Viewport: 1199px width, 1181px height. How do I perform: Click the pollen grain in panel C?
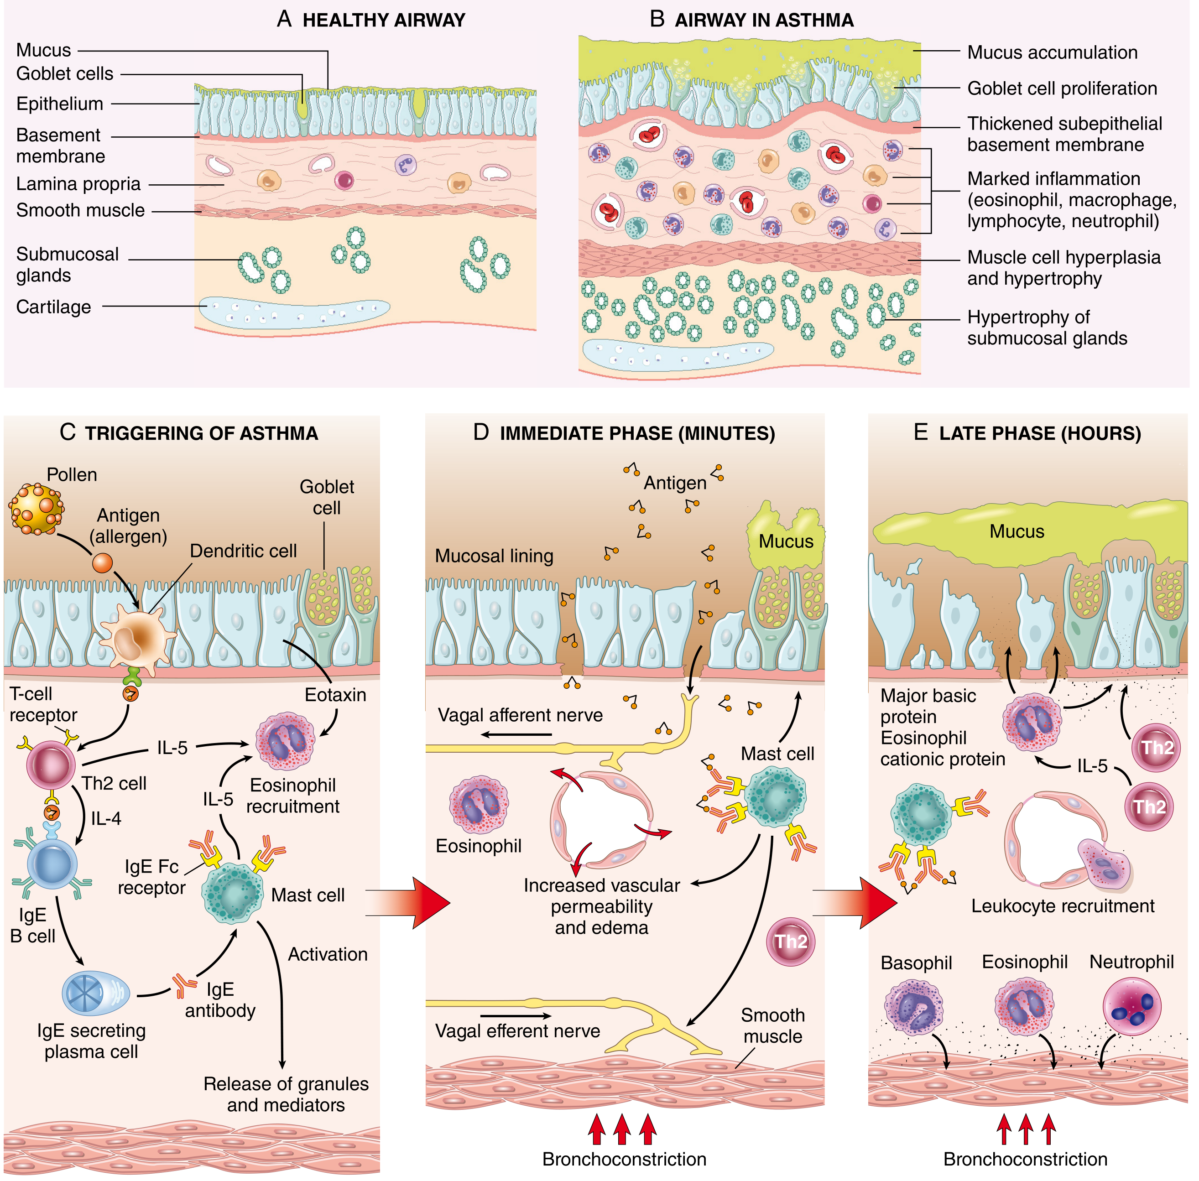36,509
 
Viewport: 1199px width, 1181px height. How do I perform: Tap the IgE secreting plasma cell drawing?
96,993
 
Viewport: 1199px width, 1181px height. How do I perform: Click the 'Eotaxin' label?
335,695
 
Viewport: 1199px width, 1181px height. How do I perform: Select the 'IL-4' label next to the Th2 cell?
106,819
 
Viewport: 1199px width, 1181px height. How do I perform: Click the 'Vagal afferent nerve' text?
520,715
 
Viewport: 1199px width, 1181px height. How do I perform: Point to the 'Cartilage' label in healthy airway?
53,307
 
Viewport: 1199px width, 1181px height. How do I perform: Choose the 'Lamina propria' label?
78,184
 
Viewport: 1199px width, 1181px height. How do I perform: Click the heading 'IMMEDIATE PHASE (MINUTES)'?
637,433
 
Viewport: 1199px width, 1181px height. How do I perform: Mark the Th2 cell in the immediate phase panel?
791,942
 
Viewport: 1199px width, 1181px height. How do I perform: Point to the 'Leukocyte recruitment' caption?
1063,906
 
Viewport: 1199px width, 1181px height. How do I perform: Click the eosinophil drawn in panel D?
479,805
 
